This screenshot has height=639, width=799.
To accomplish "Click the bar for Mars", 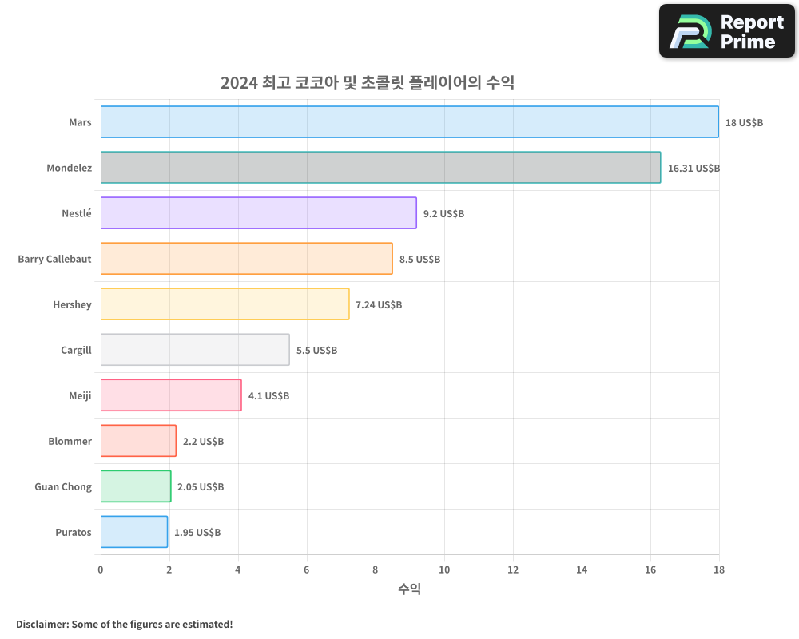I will point(409,122).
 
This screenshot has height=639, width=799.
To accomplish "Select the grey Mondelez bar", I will point(380,168).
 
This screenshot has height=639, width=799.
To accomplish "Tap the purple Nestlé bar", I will point(258,213).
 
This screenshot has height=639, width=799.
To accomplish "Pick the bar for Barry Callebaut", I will point(246,259).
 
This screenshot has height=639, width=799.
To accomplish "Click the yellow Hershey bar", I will point(225,304).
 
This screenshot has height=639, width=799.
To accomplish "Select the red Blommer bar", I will point(138,441).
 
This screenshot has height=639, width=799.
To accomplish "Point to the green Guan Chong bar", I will point(136,486).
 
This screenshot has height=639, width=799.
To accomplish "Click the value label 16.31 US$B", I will point(694,169).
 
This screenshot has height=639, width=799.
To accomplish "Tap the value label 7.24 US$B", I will point(379,305).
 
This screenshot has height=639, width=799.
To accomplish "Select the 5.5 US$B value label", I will point(316,351).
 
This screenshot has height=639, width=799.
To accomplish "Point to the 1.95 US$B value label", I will point(197,533).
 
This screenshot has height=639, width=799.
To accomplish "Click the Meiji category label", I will point(80,395).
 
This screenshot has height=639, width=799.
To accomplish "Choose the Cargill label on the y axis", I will point(76,350).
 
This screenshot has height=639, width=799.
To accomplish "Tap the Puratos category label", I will point(74,532).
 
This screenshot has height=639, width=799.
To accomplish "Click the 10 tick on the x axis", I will point(444,570).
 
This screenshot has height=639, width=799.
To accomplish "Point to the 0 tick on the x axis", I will point(101,570).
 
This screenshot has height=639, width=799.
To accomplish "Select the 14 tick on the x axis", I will point(582,570).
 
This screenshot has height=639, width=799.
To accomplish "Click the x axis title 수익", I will point(409,589).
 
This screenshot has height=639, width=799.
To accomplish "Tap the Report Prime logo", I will point(726,31).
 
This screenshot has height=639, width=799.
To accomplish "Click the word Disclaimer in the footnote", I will point(42,624).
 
